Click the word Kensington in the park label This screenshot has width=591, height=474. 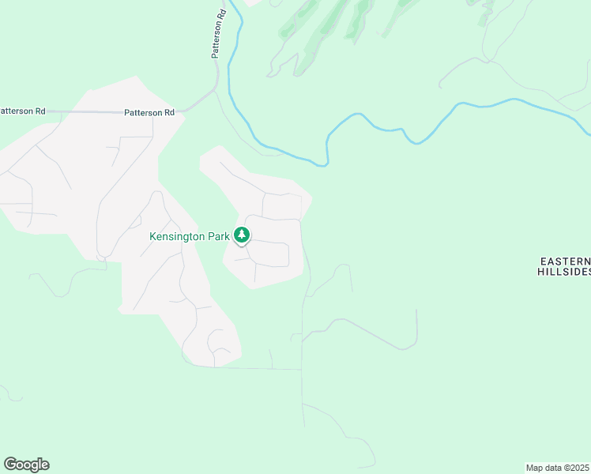[179, 236]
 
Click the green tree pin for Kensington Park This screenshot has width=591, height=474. [243, 235]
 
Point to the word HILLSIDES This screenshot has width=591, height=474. [564, 272]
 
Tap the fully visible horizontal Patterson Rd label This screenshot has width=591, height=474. [149, 113]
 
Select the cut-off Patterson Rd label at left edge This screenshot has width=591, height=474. [22, 111]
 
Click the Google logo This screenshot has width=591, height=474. [26, 465]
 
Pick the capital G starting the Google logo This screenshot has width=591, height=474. [9, 465]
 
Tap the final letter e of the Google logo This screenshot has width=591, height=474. [45, 465]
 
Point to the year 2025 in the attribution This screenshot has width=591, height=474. [579, 467]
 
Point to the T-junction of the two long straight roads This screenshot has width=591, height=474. [302, 369]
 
